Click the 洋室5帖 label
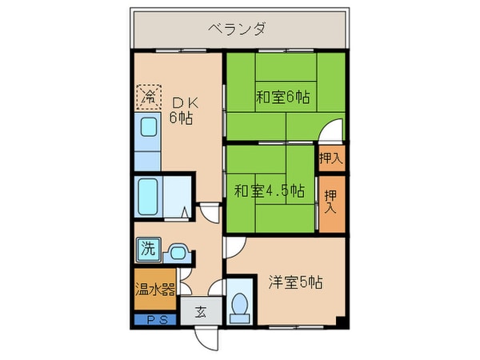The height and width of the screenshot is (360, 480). [295, 282]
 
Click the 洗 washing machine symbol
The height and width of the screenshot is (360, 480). [148, 249]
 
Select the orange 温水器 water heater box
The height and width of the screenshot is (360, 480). [154, 289]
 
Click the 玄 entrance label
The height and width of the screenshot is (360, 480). [200, 311]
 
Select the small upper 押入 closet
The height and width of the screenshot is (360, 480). [330, 158]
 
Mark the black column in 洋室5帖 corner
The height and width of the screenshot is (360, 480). [341, 322]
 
